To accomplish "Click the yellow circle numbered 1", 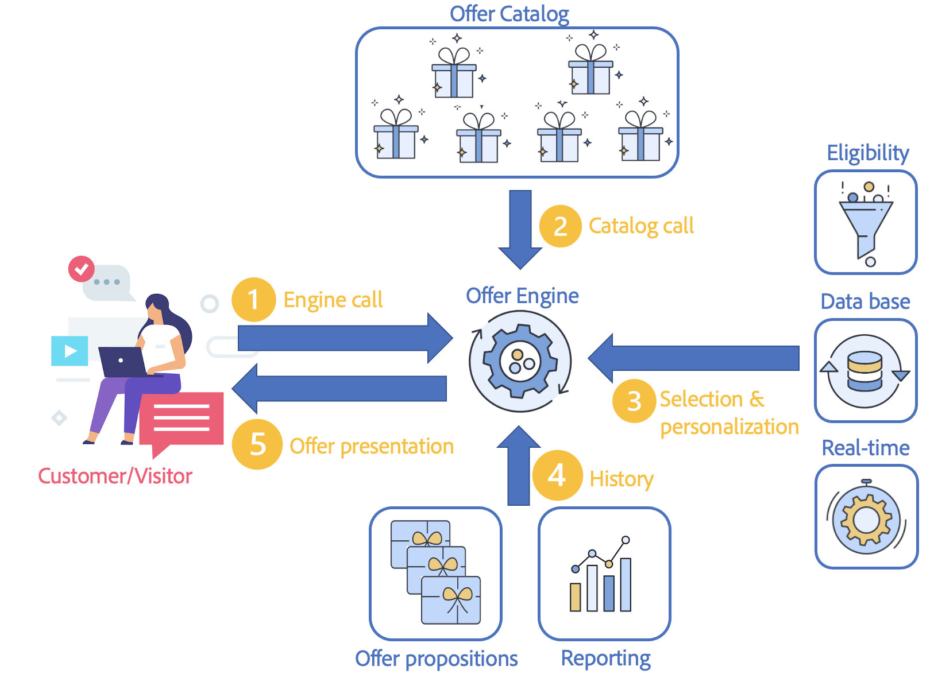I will click(x=253, y=300).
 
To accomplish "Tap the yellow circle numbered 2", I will click(x=561, y=226).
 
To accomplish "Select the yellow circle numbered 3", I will click(x=634, y=401).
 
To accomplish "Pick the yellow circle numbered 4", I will click(x=557, y=475).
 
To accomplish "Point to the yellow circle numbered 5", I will click(x=257, y=444).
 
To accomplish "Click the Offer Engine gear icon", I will click(x=520, y=361).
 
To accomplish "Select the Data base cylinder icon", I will click(x=865, y=371).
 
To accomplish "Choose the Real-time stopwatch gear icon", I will click(x=866, y=517).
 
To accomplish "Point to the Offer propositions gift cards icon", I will click(x=435, y=574).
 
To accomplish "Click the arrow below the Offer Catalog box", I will click(x=520, y=229).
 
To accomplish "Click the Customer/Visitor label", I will click(x=115, y=476).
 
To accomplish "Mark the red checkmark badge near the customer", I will click(x=82, y=269).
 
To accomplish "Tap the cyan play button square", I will click(x=70, y=351).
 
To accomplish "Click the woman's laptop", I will click(x=122, y=362).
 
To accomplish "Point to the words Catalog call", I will click(x=641, y=226).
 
